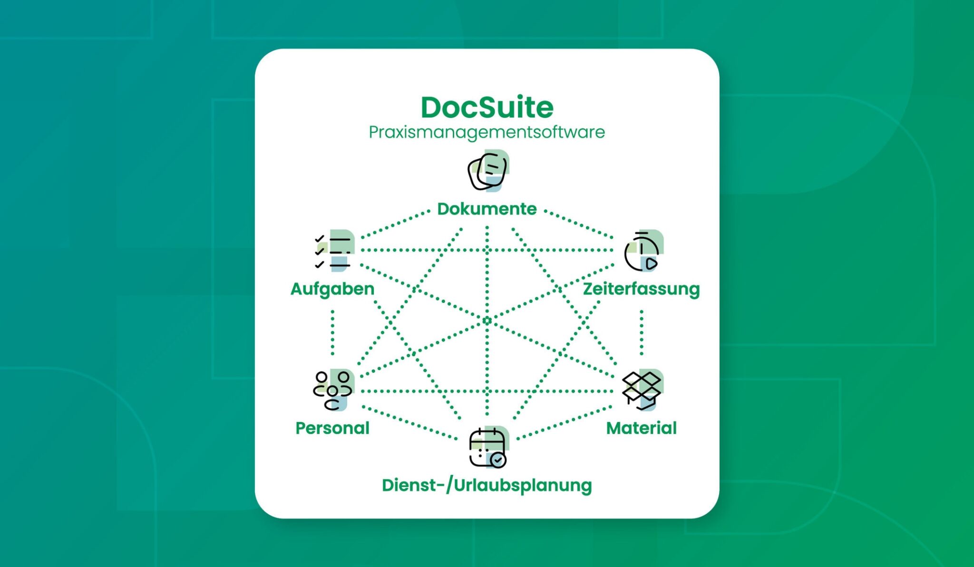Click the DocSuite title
[x=487, y=107]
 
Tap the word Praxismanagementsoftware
[x=487, y=132]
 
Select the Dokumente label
[x=487, y=209]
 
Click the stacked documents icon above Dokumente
[x=488, y=171]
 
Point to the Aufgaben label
[x=332, y=289]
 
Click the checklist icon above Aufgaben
[x=334, y=251]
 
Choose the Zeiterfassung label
[x=642, y=289]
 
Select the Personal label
[x=332, y=428]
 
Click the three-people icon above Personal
[x=333, y=390]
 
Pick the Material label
[x=642, y=428]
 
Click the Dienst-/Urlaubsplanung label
[x=487, y=486]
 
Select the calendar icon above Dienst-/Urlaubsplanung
[x=488, y=447]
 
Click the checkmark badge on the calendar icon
[x=498, y=460]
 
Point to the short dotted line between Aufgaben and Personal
[x=332, y=332]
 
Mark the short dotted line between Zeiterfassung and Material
[x=642, y=332]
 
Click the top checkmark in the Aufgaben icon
[x=319, y=238]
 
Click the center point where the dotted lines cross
[x=487, y=321]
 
